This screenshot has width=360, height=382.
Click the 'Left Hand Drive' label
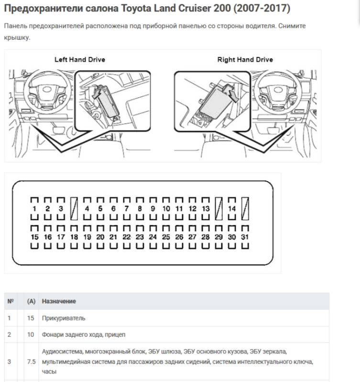(80, 59)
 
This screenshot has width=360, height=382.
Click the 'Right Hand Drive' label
(245, 59)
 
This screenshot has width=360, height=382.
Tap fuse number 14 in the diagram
(232, 209)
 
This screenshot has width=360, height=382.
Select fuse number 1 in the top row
(34, 209)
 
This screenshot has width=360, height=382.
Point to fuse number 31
(245, 237)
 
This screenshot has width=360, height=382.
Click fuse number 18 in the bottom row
(74, 237)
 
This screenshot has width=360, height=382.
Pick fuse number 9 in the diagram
(153, 209)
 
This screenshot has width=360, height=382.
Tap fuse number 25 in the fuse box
(166, 237)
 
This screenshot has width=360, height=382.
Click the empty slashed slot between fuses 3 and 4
(74, 209)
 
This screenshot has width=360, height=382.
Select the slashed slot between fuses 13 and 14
(219, 209)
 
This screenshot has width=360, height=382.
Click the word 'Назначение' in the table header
(59, 301)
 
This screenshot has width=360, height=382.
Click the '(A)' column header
(31, 301)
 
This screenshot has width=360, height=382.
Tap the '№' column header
(11, 301)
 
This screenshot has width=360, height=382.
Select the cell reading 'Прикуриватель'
(64, 318)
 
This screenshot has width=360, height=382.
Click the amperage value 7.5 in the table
(31, 362)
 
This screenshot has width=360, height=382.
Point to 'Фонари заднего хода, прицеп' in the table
(83, 335)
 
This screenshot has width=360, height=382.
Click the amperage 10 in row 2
(31, 335)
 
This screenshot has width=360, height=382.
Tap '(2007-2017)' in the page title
(262, 8)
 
